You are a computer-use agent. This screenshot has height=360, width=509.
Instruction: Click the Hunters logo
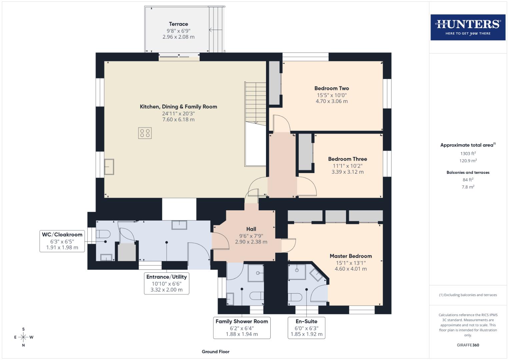468,27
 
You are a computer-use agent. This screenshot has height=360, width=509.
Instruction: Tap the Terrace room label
178,24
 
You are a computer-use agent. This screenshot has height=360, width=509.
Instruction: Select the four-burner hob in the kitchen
145,133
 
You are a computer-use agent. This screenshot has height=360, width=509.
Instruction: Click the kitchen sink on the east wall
109,166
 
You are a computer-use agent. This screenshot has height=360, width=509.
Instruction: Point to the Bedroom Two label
331,88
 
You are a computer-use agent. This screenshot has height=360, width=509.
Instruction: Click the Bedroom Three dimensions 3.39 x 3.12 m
347,172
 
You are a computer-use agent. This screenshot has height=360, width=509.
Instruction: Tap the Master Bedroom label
351,256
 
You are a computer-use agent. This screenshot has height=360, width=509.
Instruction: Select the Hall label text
251,229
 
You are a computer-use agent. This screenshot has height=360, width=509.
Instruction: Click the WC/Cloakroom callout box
62,241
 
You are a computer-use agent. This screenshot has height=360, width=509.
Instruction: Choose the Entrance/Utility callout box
166,283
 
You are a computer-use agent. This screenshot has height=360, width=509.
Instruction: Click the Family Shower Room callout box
242,327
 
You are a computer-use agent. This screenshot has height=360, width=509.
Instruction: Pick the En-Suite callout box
306,327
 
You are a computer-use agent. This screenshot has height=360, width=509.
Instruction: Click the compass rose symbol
23,337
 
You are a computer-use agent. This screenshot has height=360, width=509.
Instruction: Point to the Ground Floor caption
215,351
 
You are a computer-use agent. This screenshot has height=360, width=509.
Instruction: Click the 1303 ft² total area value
468,153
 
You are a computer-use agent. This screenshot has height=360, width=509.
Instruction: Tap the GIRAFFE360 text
468,345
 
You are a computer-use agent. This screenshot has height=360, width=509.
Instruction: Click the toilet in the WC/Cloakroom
102,234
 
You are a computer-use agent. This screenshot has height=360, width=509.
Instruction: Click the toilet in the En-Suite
295,297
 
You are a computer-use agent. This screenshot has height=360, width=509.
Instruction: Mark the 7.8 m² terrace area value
468,187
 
